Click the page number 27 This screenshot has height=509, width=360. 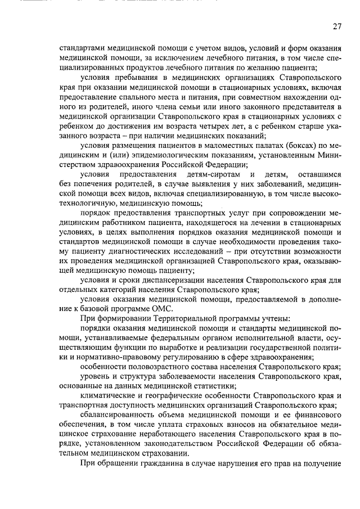point(336,26)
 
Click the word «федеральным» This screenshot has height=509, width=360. point(152,339)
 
